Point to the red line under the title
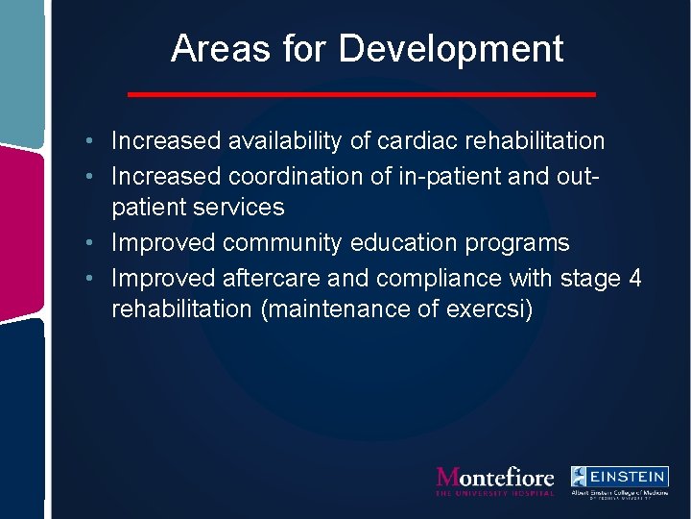(362, 94)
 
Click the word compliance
(425, 278)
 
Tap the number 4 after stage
(634, 278)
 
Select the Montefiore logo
(494, 481)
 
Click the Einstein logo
(619, 481)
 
